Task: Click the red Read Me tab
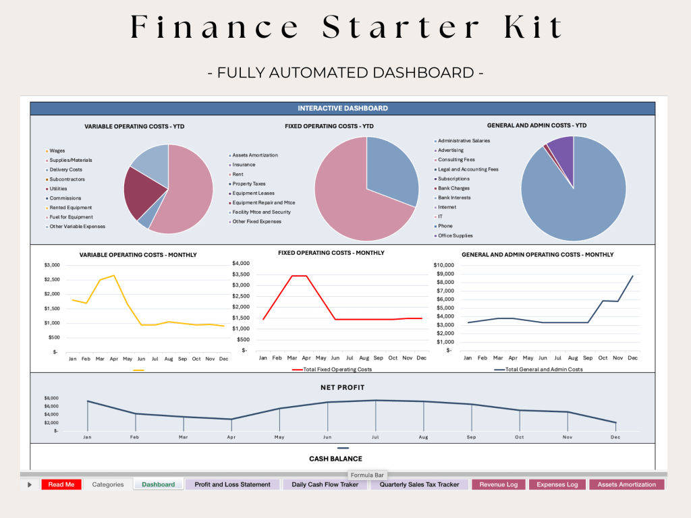pyautogui.click(x=61, y=484)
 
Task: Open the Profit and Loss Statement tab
pyautogui.click(x=232, y=484)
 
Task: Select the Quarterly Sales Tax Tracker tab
pyautogui.click(x=419, y=484)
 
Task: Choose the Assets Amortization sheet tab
pyautogui.click(x=626, y=484)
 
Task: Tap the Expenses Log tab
pyautogui.click(x=557, y=484)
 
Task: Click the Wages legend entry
pyautogui.click(x=58, y=150)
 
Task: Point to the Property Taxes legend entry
pyautogui.click(x=249, y=183)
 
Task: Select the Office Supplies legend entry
pyautogui.click(x=455, y=235)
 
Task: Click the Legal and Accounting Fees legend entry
pyautogui.click(x=468, y=169)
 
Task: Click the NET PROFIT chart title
pyautogui.click(x=343, y=388)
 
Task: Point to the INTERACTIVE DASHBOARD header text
pyautogui.click(x=343, y=108)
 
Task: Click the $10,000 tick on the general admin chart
pyautogui.click(x=443, y=264)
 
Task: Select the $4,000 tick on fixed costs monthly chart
pyautogui.click(x=240, y=263)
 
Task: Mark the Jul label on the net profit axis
pyautogui.click(x=375, y=437)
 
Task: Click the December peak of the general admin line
pyautogui.click(x=632, y=275)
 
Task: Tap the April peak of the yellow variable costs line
pyautogui.click(x=114, y=275)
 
